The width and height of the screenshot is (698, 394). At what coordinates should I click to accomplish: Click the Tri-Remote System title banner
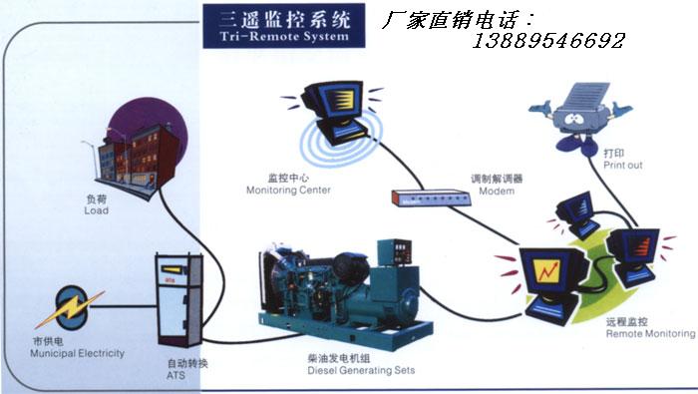pos(284,26)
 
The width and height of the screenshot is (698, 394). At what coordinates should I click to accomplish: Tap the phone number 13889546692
pos(548,41)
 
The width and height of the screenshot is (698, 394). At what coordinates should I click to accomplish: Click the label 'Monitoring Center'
pos(288,191)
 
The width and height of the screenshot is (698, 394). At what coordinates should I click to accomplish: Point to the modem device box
pos(431,197)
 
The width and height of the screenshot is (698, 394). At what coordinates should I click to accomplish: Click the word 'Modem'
pos(497,191)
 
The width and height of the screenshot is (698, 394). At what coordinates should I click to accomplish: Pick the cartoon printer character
pos(580,118)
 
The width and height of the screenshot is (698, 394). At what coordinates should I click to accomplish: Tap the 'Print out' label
pos(623,166)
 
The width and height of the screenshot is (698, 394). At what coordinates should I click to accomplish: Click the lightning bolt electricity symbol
pos(70,308)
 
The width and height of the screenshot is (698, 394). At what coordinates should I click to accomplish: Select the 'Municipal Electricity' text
pos(78,353)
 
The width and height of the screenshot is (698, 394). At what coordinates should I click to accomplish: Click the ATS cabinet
pos(179,299)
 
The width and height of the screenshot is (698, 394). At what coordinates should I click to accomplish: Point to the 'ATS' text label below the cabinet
pos(175,375)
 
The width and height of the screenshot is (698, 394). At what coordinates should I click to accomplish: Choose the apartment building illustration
pos(138,161)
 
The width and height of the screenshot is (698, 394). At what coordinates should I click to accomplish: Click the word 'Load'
pos(96,210)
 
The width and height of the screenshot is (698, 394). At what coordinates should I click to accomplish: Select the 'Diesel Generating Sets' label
pos(361,370)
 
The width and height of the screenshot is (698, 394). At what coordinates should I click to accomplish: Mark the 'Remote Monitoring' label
pos(650,333)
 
